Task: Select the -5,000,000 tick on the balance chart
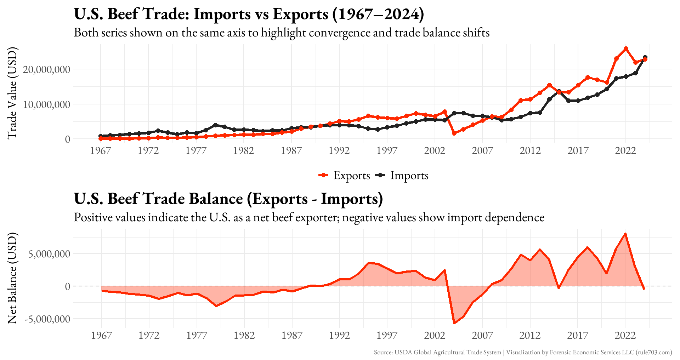47,319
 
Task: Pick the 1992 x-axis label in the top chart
339,151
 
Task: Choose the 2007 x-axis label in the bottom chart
482,335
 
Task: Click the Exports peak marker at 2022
626,49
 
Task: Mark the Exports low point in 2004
454,133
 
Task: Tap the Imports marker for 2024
645,57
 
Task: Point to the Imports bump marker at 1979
215,125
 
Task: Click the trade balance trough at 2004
454,323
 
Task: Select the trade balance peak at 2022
625,234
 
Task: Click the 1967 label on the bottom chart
102,335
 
